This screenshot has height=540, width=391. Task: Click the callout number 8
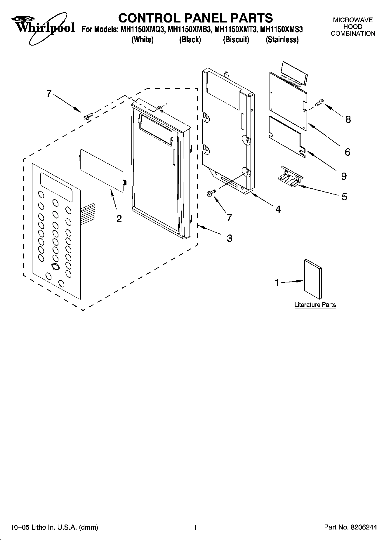click(x=348, y=119)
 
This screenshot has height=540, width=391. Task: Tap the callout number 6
click(x=347, y=152)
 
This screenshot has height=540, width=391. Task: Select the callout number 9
click(x=344, y=176)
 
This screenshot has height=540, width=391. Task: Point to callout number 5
click(x=344, y=197)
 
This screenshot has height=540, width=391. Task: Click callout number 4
click(x=278, y=209)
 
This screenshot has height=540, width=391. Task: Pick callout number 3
click(x=230, y=238)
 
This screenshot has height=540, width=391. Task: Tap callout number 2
click(x=119, y=219)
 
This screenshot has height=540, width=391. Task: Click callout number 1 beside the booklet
click(x=277, y=283)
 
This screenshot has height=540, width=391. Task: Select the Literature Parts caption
click(x=315, y=305)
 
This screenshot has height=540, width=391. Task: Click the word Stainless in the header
click(x=282, y=40)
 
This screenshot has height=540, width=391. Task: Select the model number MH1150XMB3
click(x=190, y=29)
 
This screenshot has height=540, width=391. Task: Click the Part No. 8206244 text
click(x=350, y=527)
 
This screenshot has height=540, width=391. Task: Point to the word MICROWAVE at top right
click(x=353, y=20)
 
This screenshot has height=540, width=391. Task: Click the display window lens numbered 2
click(x=102, y=170)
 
